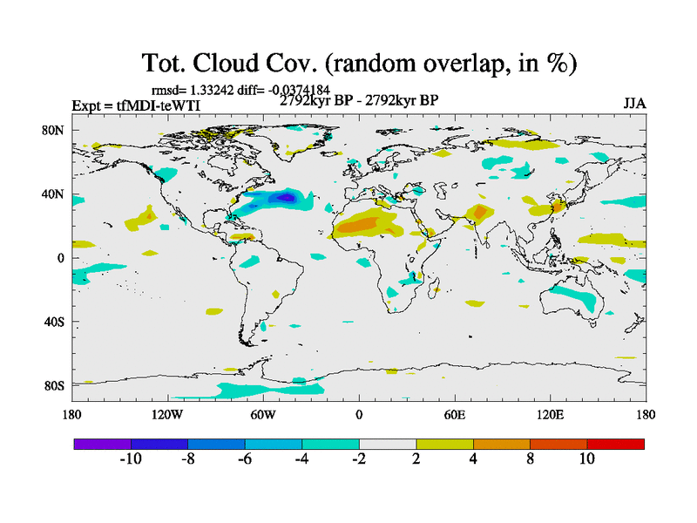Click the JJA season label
[634, 104]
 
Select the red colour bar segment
[615, 444]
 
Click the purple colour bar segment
[103, 444]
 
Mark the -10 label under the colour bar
[131, 459]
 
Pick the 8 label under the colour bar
[530, 459]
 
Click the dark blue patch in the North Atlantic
[283, 200]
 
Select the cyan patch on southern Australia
[581, 301]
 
